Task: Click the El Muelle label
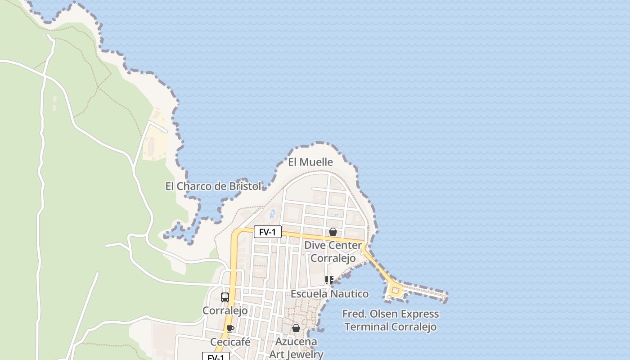[310, 162]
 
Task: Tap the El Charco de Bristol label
[213, 186]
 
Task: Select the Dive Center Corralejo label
[333, 252]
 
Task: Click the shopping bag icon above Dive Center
[333, 232]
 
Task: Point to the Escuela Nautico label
[329, 294]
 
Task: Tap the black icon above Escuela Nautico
[329, 281]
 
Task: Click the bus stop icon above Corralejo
[225, 297]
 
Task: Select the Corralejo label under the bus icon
[225, 311]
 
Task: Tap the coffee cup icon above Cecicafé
[230, 329]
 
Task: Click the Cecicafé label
[230, 342]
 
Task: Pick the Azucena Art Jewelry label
[296, 348]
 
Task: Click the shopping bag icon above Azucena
[296, 328]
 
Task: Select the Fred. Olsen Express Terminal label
[391, 320]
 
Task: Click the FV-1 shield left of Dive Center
[267, 232]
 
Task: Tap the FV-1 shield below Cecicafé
[216, 357]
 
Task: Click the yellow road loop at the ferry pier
[396, 291]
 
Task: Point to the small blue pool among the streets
[272, 214]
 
